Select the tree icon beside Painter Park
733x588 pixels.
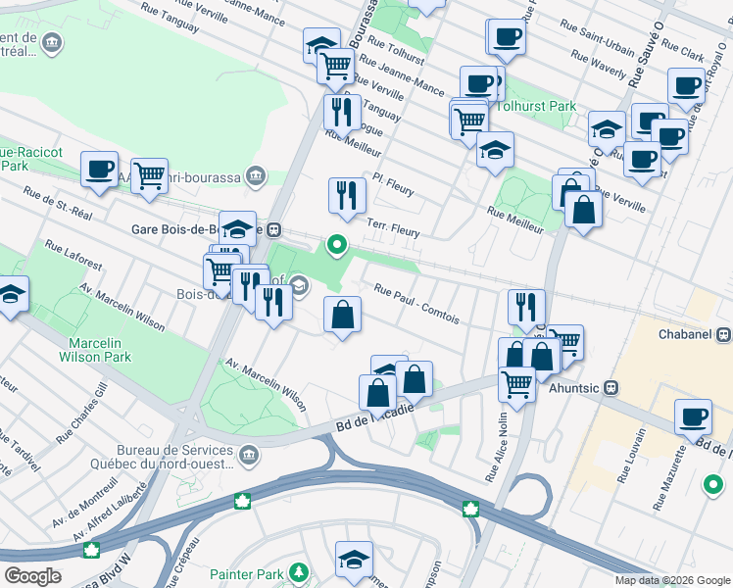click(299, 572)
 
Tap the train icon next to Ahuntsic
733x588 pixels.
click(611, 387)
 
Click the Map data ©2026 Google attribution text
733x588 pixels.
click(671, 580)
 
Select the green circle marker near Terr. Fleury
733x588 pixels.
click(337, 244)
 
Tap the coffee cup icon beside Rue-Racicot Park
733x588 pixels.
click(99, 169)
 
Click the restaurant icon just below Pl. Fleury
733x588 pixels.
click(346, 195)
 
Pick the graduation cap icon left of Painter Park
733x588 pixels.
click(354, 559)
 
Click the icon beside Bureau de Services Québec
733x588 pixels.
click(249, 455)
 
